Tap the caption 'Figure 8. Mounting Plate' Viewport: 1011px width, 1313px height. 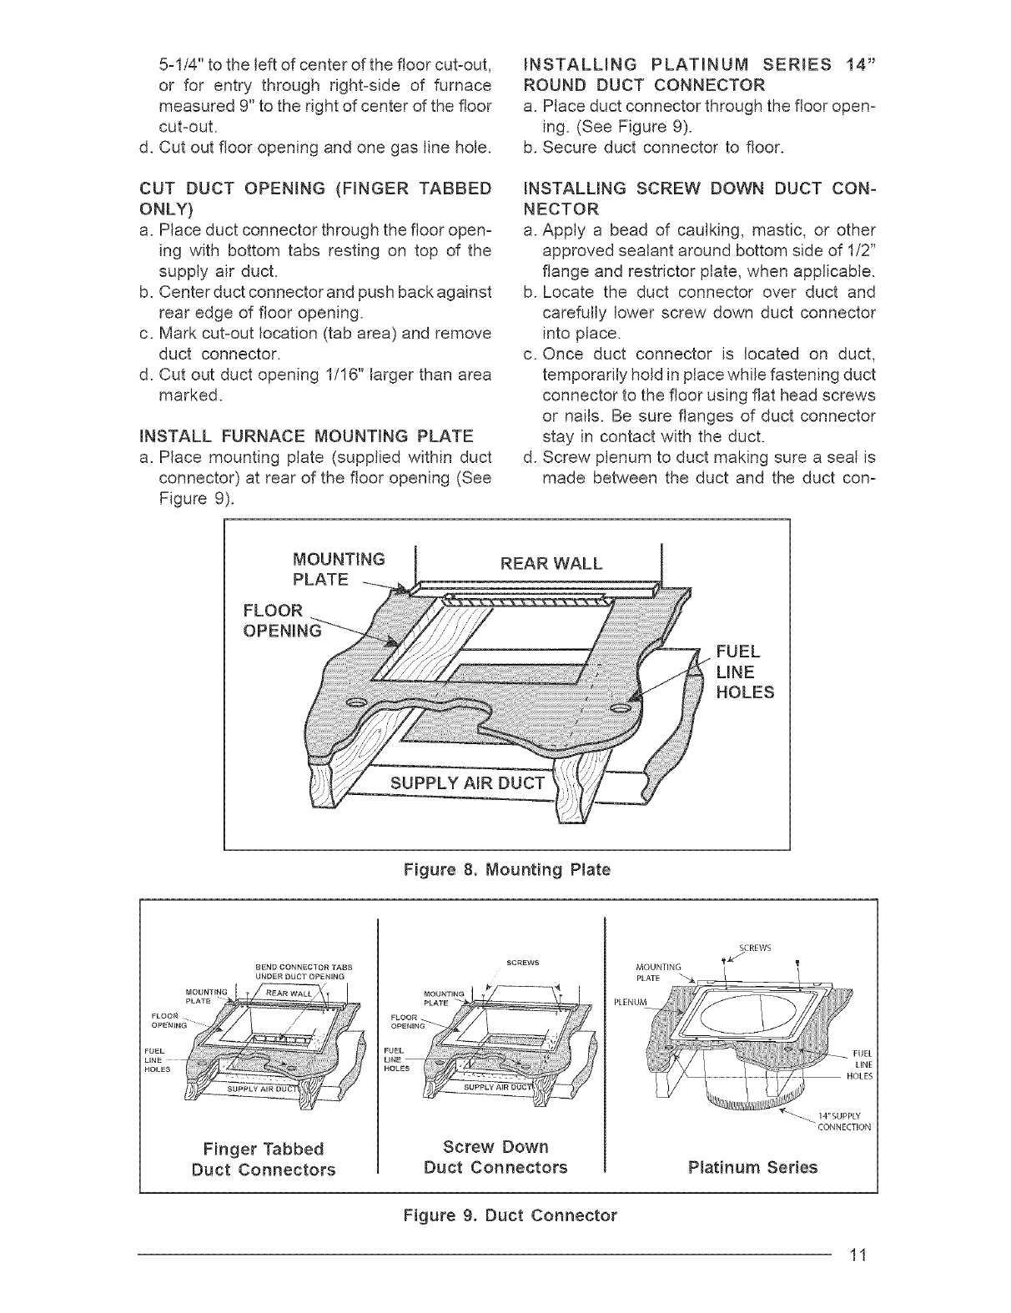point(506,870)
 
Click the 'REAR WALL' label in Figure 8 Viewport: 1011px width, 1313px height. point(550,562)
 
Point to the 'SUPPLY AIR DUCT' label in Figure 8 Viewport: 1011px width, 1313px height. point(468,783)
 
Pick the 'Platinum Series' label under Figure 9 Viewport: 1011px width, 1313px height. point(752,1167)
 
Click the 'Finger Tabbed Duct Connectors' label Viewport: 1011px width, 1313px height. point(263,1158)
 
